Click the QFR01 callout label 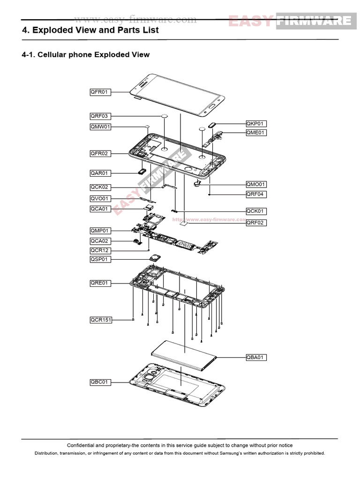click(x=100, y=92)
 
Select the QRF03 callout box click(x=100, y=116)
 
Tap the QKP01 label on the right click(x=256, y=124)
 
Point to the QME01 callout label click(x=256, y=133)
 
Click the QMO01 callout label click(x=256, y=184)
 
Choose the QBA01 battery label click(x=256, y=357)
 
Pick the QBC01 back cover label click(x=100, y=382)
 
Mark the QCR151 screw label click(x=101, y=320)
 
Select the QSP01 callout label click(x=100, y=259)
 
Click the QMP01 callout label click(x=100, y=231)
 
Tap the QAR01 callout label click(x=100, y=173)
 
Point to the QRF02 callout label click(x=256, y=223)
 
